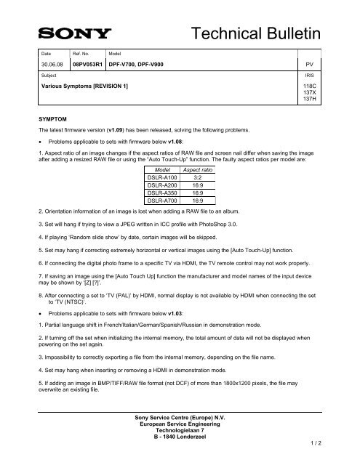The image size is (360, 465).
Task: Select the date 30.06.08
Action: click(x=52, y=64)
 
